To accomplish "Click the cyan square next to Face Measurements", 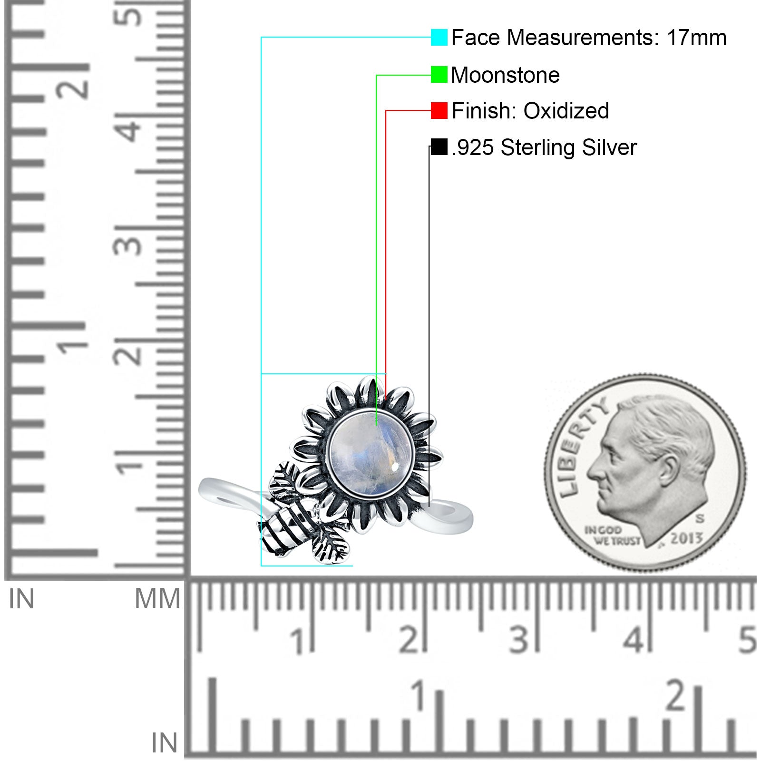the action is pos(439,37).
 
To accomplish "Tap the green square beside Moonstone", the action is pos(439,75).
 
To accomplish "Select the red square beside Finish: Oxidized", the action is pos(439,111).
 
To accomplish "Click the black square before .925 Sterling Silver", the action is pos(439,147).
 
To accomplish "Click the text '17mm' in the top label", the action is pos(696,38).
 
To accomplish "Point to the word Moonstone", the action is pos(505,75).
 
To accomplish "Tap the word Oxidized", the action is pos(566,111).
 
